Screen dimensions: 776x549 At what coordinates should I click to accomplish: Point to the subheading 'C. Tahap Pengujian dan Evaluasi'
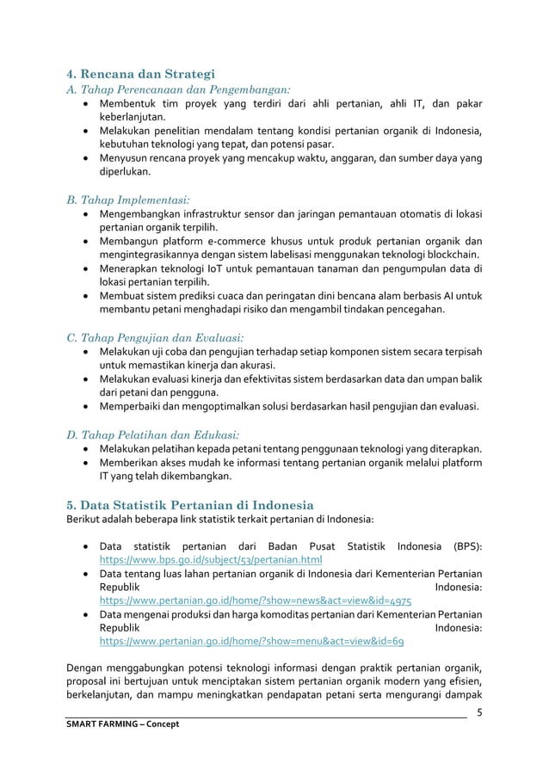coord(157,336)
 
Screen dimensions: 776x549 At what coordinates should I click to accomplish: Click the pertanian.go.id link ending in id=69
coord(252,642)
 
